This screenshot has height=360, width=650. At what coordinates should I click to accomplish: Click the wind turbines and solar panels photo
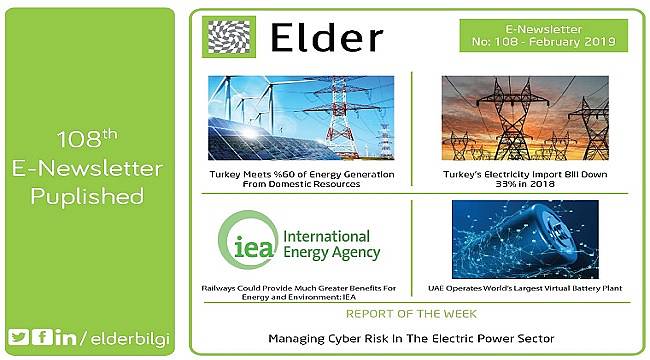[x=301, y=117]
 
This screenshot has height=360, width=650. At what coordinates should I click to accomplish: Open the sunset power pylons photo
[x=525, y=117]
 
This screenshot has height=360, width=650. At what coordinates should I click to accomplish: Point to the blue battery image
[x=525, y=239]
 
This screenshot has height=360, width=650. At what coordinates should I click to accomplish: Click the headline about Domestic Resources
[x=301, y=180]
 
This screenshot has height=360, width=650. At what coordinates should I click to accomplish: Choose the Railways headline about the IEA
[x=300, y=293]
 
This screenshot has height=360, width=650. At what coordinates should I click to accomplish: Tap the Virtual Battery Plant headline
[x=525, y=288]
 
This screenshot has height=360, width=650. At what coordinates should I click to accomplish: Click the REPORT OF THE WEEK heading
[x=411, y=312]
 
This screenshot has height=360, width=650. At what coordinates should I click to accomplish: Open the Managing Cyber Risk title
[x=411, y=339]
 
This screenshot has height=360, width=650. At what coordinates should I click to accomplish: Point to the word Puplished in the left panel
[x=87, y=197]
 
